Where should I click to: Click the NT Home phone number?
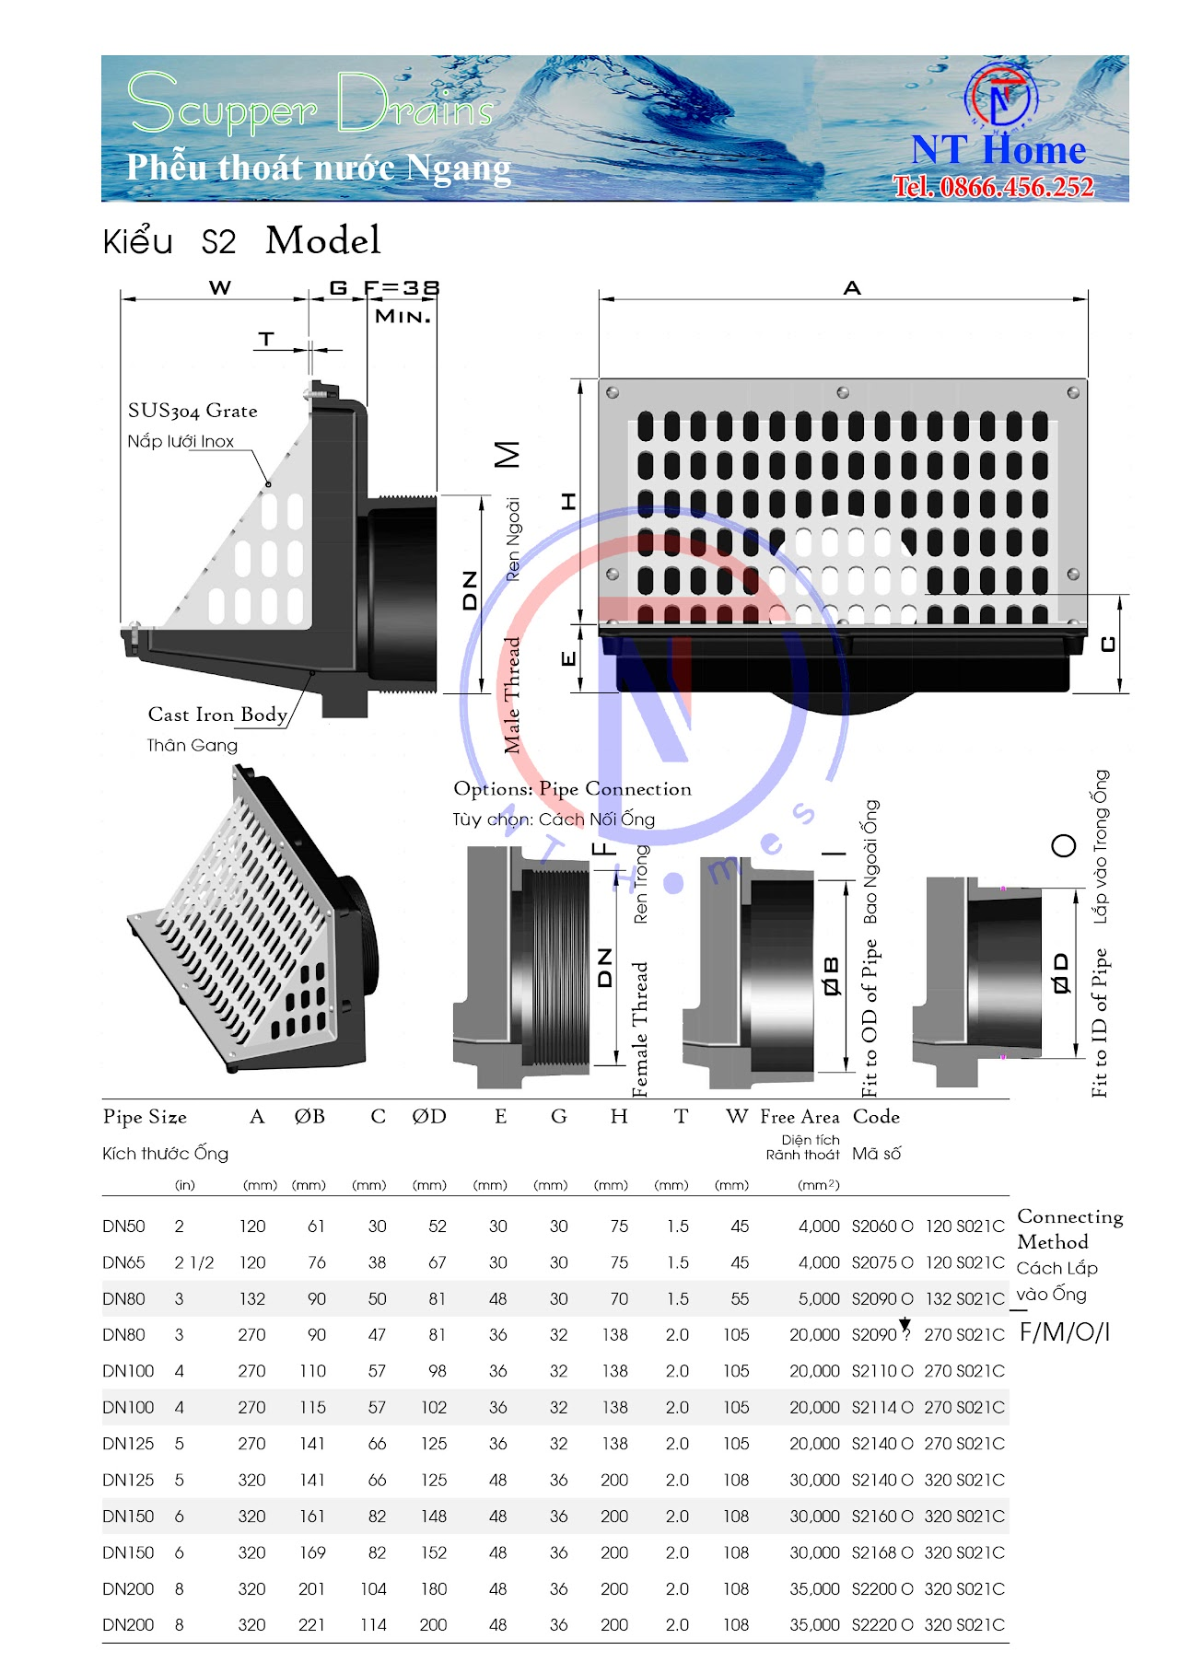994,187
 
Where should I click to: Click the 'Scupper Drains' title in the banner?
311,103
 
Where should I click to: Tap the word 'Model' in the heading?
323,240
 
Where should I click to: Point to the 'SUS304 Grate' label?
193,412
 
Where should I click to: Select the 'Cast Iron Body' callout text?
218,715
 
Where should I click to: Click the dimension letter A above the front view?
852,288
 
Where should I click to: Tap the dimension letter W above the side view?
220,288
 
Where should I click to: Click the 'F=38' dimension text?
402,288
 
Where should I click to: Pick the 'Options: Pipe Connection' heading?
572,789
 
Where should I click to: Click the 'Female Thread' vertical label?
640,1029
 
